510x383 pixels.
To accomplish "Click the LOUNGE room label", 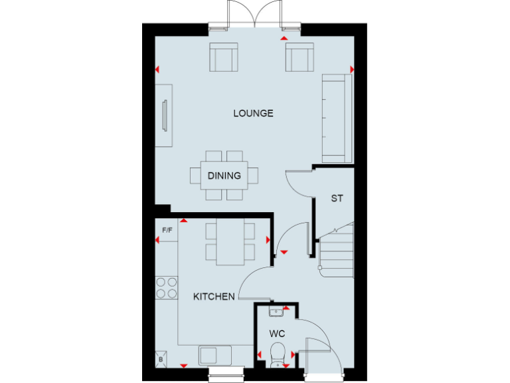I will click(x=253, y=113).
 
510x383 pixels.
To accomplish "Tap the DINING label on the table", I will click(x=224, y=176).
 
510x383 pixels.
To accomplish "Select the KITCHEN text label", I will click(x=214, y=297).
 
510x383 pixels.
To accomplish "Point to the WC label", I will click(x=277, y=332).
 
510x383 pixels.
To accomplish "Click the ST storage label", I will click(x=337, y=198).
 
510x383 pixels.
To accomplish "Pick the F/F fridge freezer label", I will click(x=167, y=230).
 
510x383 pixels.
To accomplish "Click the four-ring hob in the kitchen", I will click(x=167, y=287).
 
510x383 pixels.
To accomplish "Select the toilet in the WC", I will click(x=278, y=352).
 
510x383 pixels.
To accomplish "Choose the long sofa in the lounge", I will click(x=337, y=118).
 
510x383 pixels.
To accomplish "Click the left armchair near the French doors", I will click(x=223, y=57).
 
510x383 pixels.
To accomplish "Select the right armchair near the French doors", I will click(x=299, y=57).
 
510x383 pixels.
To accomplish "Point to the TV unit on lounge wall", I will click(x=164, y=116).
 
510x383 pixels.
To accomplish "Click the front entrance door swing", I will click(x=319, y=349).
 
